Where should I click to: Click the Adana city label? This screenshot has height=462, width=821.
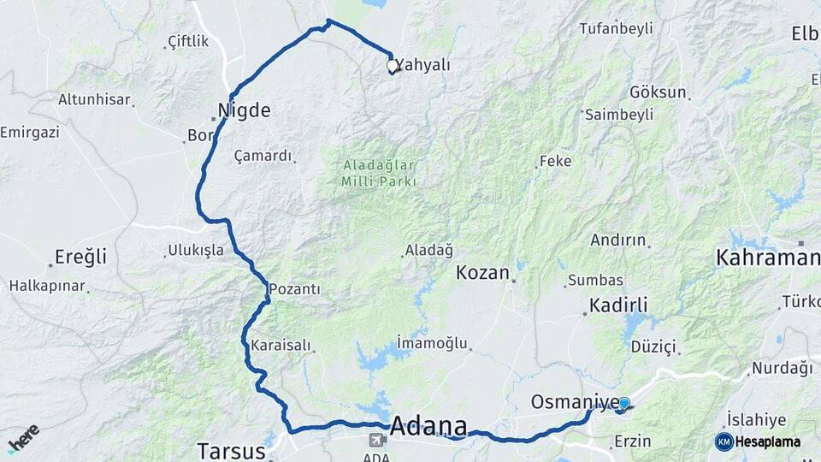tap(429, 425)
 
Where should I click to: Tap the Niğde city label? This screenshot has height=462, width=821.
tap(244, 110)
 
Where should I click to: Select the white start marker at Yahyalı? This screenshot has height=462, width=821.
tap(392, 65)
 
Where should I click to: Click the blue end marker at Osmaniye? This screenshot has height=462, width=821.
tap(623, 403)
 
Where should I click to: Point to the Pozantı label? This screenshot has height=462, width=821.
tap(294, 290)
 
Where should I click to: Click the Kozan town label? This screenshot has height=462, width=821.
tap(483, 273)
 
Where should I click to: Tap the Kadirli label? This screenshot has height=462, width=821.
tap(618, 305)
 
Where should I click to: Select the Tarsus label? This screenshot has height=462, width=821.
tap(226, 450)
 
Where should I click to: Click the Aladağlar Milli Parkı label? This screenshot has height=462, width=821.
tap(379, 174)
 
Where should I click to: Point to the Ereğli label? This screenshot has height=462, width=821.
tap(80, 257)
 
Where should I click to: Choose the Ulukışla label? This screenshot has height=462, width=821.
tap(195, 251)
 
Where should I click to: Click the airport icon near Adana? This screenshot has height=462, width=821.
tap(375, 440)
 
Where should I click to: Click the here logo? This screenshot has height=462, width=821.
tap(23, 438)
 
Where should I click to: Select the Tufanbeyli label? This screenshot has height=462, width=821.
tap(616, 28)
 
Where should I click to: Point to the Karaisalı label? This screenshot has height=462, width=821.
tap(281, 346)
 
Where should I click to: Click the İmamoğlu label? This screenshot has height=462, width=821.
tap(433, 343)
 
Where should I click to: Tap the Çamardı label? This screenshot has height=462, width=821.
tap(263, 157)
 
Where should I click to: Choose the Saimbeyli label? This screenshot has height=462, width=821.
tap(618, 114)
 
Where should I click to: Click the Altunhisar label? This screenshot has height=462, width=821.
tap(94, 99)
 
